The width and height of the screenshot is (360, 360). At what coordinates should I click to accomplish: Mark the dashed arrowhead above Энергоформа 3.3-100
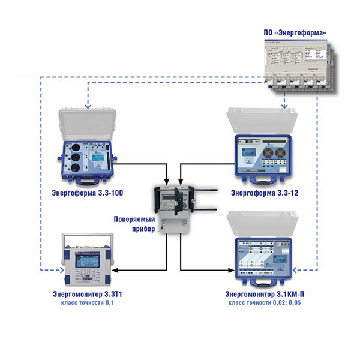tap(88, 106)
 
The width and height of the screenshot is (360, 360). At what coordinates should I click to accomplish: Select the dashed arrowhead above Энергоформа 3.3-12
tap(283, 106)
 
